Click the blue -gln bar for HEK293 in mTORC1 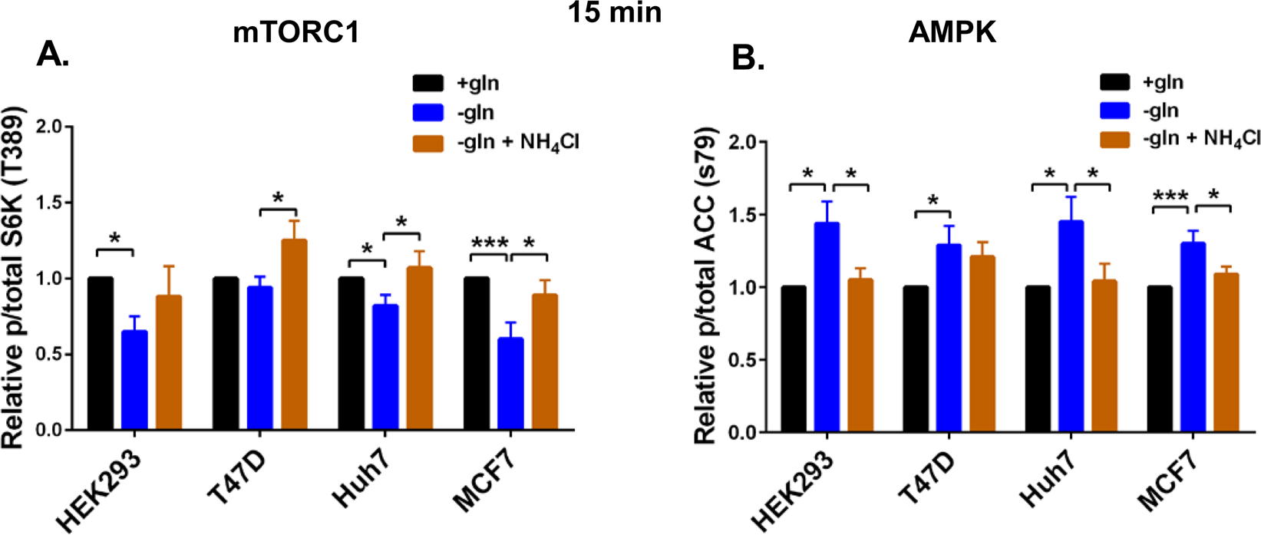135,381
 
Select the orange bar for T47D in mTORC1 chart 294,335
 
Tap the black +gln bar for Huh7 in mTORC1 351,354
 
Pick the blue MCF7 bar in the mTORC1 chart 510,384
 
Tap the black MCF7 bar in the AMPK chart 1160,359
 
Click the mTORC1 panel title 296,34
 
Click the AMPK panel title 952,33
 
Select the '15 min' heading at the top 615,13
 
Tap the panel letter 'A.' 53,54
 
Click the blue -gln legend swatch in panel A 427,113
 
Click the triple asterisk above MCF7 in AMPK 1170,196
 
